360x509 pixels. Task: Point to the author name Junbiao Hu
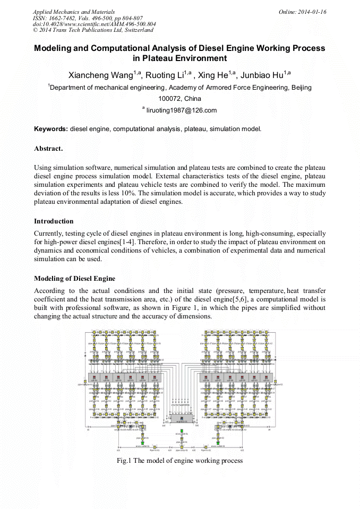(x=261, y=74)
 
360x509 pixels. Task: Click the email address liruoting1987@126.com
(x=182, y=110)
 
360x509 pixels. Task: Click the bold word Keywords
(x=50, y=129)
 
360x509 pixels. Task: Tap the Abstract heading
(x=48, y=148)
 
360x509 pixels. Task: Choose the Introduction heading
(x=54, y=221)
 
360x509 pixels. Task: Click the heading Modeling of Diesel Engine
(x=74, y=279)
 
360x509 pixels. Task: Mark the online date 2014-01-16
(x=312, y=11)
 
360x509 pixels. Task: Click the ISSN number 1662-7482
(x=63, y=18)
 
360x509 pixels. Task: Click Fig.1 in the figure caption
(x=124, y=461)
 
